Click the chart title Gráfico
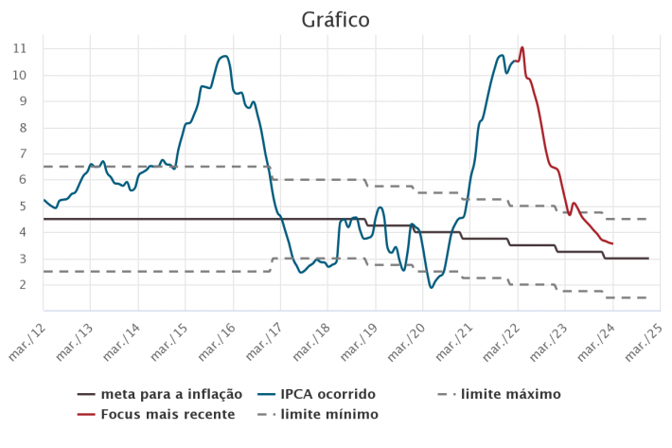[x=335, y=20]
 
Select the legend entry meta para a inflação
[x=171, y=394]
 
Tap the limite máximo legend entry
[x=510, y=394]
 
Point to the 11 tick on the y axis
[x=20, y=48]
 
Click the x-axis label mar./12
[x=31, y=335]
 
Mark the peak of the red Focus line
[x=522, y=47]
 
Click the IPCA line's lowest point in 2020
[x=432, y=287]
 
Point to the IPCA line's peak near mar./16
[x=224, y=56]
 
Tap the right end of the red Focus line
[x=612, y=243]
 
